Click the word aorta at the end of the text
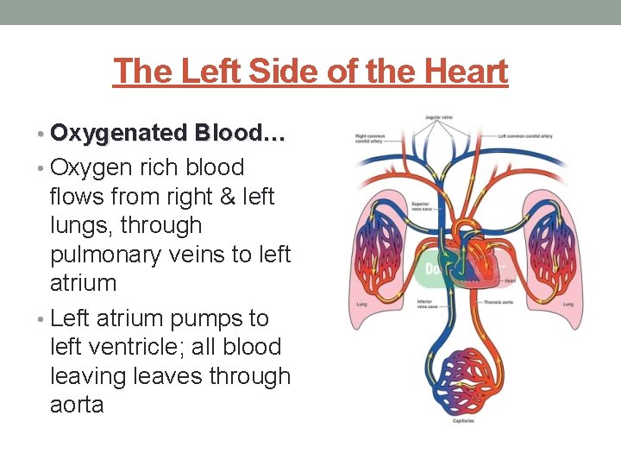pos(77,405)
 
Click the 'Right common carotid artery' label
pos(370,138)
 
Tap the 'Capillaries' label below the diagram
pos(462,421)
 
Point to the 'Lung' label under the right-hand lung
pos(568,304)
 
